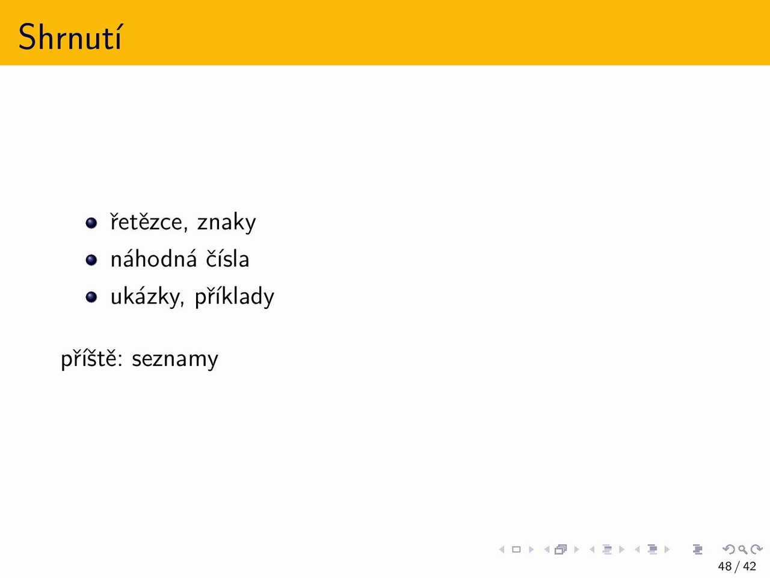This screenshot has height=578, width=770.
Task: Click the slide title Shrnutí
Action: [70, 37]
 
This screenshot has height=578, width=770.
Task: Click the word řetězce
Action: [147, 222]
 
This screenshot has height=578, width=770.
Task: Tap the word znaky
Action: [226, 222]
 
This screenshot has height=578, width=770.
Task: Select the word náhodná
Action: [153, 258]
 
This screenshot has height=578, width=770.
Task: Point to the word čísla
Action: [227, 258]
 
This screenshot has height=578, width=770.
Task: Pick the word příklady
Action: [235, 297]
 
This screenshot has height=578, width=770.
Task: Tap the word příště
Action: [92, 359]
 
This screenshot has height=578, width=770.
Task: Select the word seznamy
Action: [174, 359]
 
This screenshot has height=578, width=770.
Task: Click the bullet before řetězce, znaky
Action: [91, 223]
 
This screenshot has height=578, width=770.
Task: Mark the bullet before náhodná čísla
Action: [91, 259]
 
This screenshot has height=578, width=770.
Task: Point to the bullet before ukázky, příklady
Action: [91, 297]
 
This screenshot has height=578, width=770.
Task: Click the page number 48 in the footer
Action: [725, 566]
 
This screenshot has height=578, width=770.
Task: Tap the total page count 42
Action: [750, 566]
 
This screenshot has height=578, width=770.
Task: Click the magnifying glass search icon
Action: [742, 549]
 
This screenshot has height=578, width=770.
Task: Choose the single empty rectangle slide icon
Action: [516, 549]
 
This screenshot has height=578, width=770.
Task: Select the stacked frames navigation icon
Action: [561, 549]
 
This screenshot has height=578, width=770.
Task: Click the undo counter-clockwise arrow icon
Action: [728, 549]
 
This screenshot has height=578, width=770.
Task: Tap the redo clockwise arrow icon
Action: [756, 549]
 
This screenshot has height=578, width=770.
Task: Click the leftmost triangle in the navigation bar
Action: [502, 549]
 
